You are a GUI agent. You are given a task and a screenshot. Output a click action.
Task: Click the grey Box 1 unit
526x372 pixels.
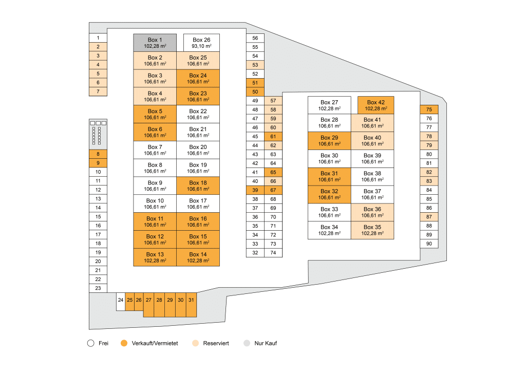pyautogui.click(x=155, y=43)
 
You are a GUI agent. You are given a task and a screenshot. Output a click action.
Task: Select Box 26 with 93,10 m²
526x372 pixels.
pyautogui.click(x=201, y=43)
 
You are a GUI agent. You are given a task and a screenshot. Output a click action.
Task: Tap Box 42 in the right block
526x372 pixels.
pyautogui.click(x=375, y=105)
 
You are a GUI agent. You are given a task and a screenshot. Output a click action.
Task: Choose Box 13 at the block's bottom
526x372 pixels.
pyautogui.click(x=155, y=257)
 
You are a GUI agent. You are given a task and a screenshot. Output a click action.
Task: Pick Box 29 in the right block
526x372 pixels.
pyautogui.click(x=329, y=141)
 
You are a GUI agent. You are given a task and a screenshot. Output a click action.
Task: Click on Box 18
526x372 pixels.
pyautogui.click(x=198, y=186)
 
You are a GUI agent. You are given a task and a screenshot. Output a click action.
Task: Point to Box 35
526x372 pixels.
pyautogui.click(x=372, y=230)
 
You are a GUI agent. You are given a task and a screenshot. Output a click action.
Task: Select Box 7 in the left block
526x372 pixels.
pyautogui.click(x=155, y=150)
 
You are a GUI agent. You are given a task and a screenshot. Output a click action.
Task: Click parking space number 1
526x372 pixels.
pyautogui.click(x=98, y=38)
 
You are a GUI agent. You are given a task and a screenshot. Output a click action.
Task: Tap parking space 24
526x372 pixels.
pyautogui.click(x=121, y=302)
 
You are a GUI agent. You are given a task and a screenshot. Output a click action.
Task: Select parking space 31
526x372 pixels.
pyautogui.click(x=191, y=305)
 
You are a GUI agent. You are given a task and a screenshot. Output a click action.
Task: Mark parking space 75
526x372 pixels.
pyautogui.click(x=429, y=109)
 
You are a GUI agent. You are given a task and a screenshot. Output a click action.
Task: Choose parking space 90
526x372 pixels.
pyautogui.click(x=429, y=244)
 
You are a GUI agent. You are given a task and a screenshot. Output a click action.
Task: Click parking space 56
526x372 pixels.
pyautogui.click(x=255, y=38)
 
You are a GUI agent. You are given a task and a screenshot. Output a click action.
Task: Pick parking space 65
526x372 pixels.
pyautogui.click(x=273, y=173)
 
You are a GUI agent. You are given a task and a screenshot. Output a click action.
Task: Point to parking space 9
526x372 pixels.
pyautogui.click(x=98, y=163)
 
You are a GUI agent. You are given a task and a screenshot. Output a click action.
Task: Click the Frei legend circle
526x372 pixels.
pyautogui.click(x=90, y=343)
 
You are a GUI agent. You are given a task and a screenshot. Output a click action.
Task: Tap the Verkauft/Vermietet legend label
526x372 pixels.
pyautogui.click(x=155, y=343)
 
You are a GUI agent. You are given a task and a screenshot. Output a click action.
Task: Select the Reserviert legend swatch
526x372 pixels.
pyautogui.click(x=196, y=343)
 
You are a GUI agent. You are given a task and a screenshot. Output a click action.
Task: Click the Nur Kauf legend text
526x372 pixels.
pyautogui.click(x=266, y=343)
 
